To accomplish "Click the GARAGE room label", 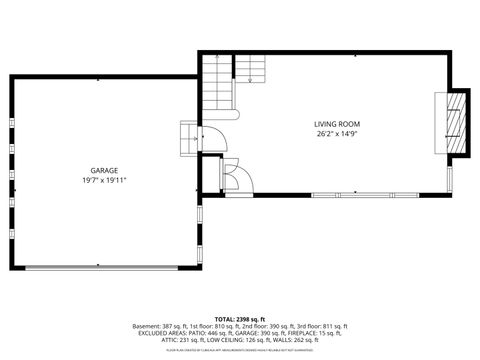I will pos(104,171).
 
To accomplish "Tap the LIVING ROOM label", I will pos(337,123).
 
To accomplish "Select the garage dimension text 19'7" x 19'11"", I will pos(104,181).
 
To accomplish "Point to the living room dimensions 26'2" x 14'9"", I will pos(337,133).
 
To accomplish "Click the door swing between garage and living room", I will pos(214,139).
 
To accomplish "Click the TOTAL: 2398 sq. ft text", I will pos(240,319).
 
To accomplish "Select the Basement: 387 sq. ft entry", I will pos(158,326).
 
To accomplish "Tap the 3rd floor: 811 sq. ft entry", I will pos(322,326).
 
